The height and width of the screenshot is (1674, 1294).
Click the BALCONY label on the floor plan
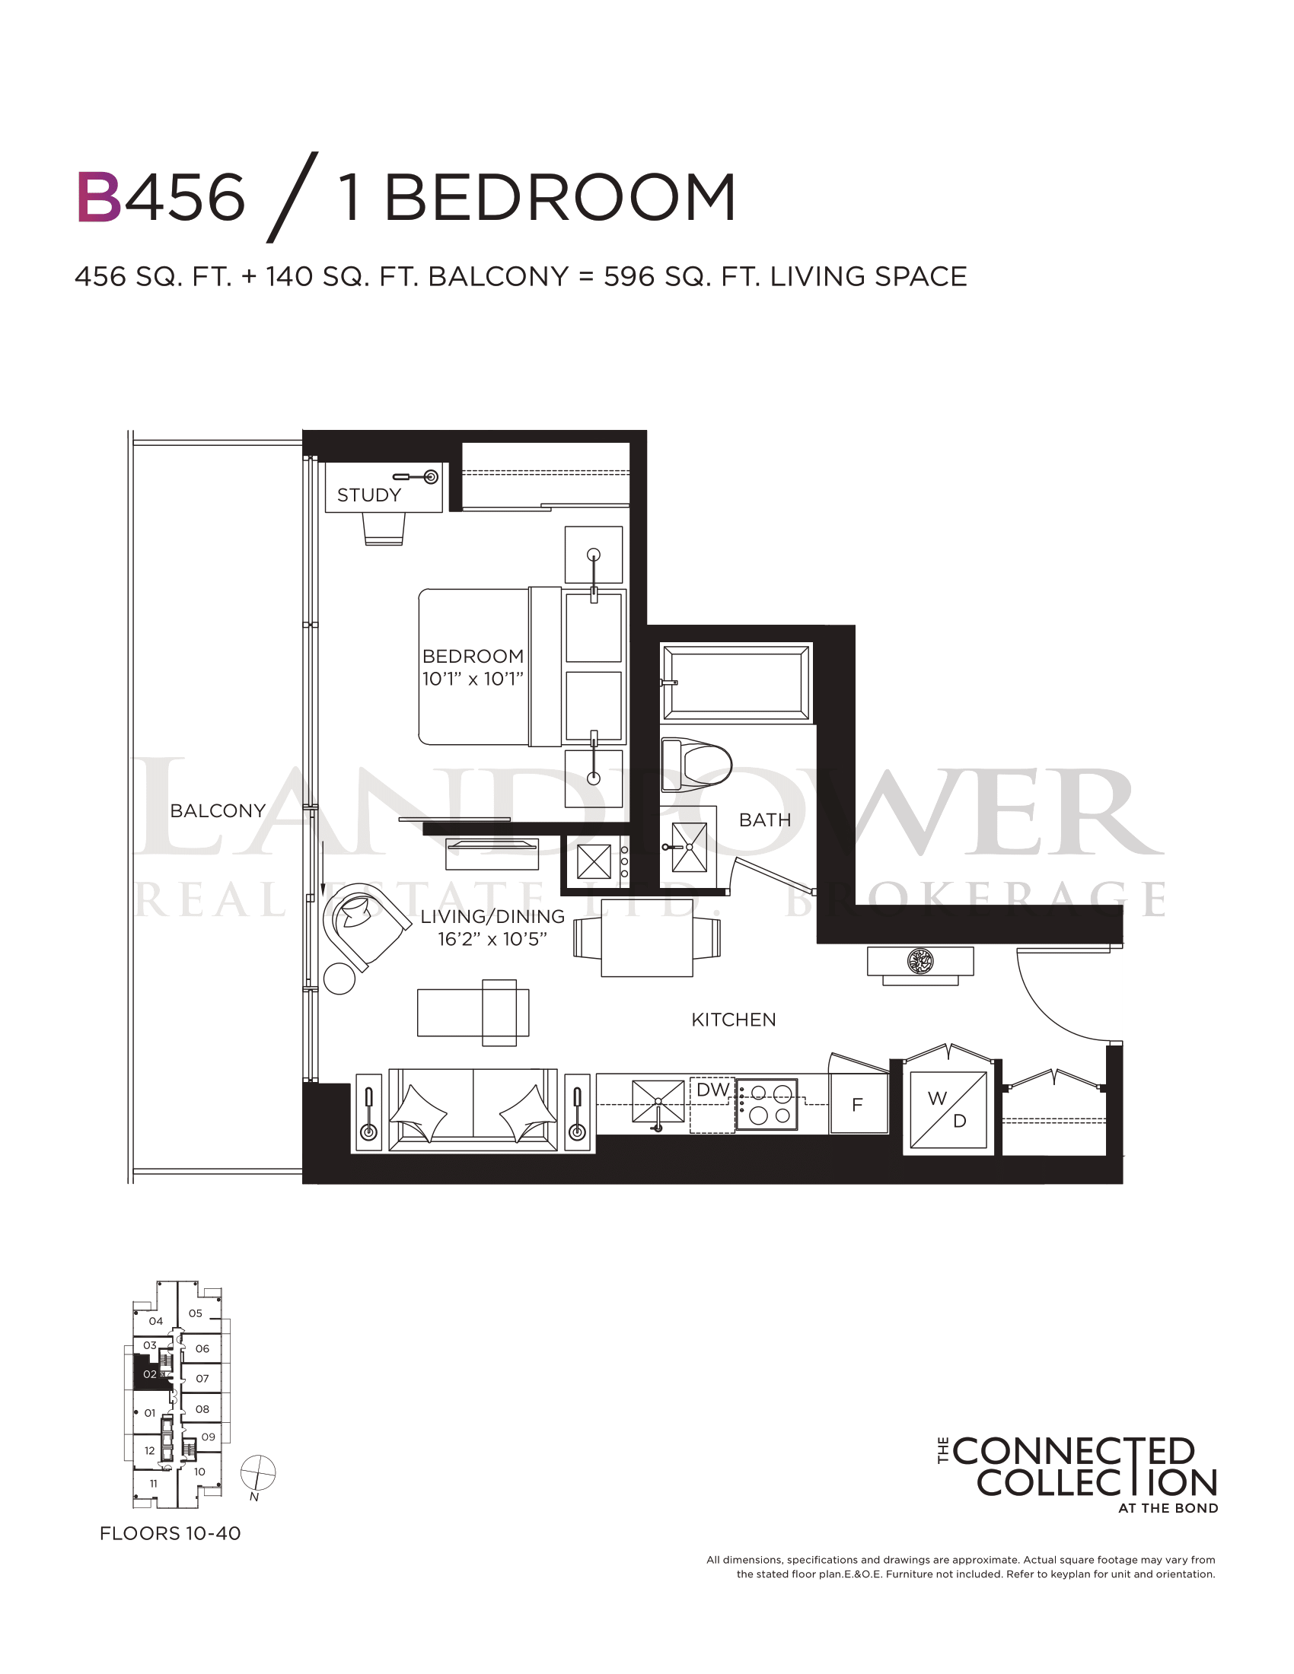point(218,811)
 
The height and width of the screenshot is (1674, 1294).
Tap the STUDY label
point(369,495)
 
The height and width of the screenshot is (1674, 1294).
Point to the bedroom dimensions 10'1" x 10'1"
point(473,679)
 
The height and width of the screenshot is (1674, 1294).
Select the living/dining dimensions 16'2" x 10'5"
point(492,940)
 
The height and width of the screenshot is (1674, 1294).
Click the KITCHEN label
point(734,1020)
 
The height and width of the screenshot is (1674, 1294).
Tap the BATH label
point(765,820)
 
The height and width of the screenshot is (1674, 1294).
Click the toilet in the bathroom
point(696,765)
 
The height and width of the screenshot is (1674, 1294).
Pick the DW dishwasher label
point(713,1090)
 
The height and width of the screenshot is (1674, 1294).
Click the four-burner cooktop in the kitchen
point(767,1105)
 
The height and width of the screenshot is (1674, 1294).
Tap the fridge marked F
point(859,1104)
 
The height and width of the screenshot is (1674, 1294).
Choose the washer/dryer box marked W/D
point(948,1109)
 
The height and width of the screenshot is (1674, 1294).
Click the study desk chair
point(384,529)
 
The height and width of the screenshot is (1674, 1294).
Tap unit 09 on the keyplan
point(209,1437)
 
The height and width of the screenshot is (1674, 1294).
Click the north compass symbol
point(257,1472)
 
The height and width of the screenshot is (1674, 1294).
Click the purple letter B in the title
point(99,197)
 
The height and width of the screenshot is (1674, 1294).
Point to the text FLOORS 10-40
point(171,1534)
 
